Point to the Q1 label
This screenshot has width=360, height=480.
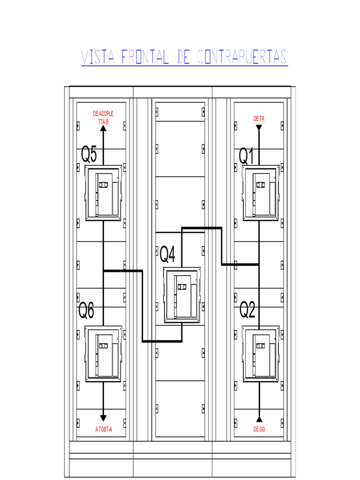pyautogui.click(x=247, y=156)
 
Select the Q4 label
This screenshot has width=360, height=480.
pyautogui.click(x=168, y=255)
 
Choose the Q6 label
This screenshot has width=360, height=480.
pyautogui.click(x=86, y=310)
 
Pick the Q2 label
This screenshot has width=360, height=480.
pyautogui.click(x=247, y=310)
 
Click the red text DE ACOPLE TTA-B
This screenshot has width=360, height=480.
pyautogui.click(x=103, y=118)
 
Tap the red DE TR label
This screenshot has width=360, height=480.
pyautogui.click(x=259, y=119)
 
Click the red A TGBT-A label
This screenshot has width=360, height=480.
pyautogui.click(x=104, y=429)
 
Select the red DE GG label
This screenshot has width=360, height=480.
pyautogui.click(x=259, y=429)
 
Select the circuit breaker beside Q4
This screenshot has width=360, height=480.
pyautogui.click(x=182, y=295)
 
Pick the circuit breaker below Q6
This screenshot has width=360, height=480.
pyautogui.click(x=104, y=353)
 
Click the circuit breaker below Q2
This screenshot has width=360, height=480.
pyautogui.click(x=261, y=353)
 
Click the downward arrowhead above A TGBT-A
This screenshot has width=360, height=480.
pyautogui.click(x=104, y=418)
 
